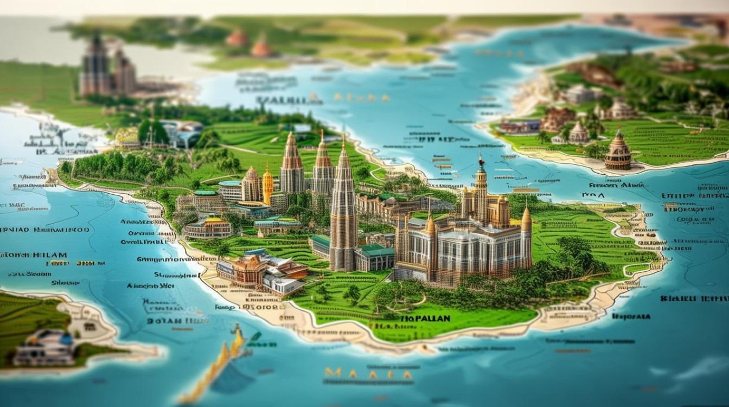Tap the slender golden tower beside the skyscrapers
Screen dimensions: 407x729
pos(267,185)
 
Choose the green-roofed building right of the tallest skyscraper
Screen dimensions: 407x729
pos(375,257)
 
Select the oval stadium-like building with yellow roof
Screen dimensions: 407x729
pos(208,228)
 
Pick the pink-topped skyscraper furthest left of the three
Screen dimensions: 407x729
pos(291,163)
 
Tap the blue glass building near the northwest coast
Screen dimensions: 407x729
pos(182,133)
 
